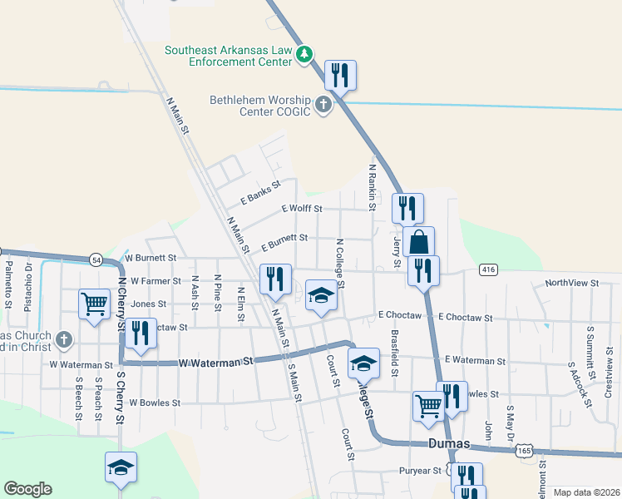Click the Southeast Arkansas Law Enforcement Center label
[x=228, y=56]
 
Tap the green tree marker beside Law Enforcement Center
[x=305, y=55]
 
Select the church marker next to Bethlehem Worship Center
[x=322, y=106]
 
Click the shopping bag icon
[x=420, y=242]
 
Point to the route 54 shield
[x=96, y=259]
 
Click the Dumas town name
[x=448, y=444]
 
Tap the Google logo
[x=27, y=489]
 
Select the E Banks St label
[x=259, y=196]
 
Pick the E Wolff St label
[x=301, y=209]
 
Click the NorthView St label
[x=572, y=284]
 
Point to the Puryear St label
[x=419, y=471]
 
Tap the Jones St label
[x=143, y=304]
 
